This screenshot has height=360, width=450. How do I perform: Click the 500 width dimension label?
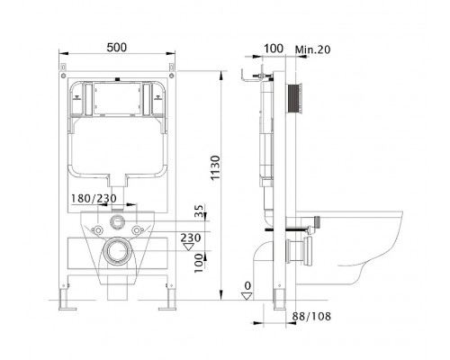[117, 48]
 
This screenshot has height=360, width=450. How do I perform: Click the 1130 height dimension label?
[215, 167]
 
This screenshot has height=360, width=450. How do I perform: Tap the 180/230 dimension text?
[94, 198]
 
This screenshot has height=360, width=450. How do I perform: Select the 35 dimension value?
[200, 211]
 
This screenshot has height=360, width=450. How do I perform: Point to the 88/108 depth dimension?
[312, 316]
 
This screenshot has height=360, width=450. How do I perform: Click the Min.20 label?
[313, 49]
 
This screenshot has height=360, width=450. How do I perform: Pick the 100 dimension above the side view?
[273, 49]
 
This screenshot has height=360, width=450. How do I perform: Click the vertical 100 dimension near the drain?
[199, 263]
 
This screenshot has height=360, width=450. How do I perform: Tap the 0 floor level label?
[247, 285]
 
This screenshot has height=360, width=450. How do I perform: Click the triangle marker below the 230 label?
[189, 247]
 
